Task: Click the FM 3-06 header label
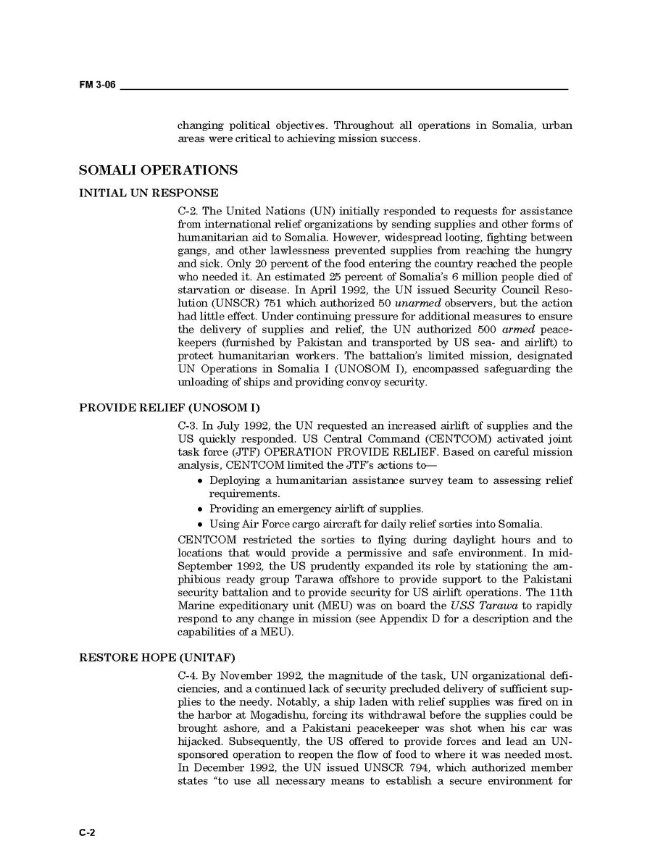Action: coord(97,85)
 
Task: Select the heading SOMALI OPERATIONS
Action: coord(158,171)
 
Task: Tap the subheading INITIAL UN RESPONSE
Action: coord(148,193)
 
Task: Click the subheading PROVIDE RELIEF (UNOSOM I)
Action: coord(169,407)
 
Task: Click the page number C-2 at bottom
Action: coord(87,832)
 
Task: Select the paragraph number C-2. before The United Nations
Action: coord(188,211)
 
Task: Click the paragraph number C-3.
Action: coord(188,425)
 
